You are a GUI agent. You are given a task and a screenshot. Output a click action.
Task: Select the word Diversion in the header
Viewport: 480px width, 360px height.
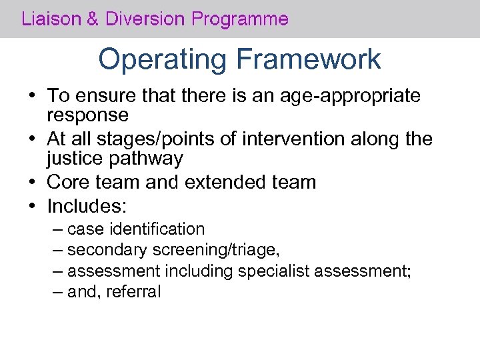pyautogui.click(x=143, y=19)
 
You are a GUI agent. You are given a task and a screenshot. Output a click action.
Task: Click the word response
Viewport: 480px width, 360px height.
pyautogui.click(x=87, y=115)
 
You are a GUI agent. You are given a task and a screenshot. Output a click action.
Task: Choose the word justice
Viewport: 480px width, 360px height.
pyautogui.click(x=75, y=159)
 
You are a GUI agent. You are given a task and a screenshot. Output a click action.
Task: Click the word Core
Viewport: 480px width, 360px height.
pyautogui.click(x=68, y=182)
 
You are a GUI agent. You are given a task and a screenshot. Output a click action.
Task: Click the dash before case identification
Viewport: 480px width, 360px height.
pyautogui.click(x=57, y=229)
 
